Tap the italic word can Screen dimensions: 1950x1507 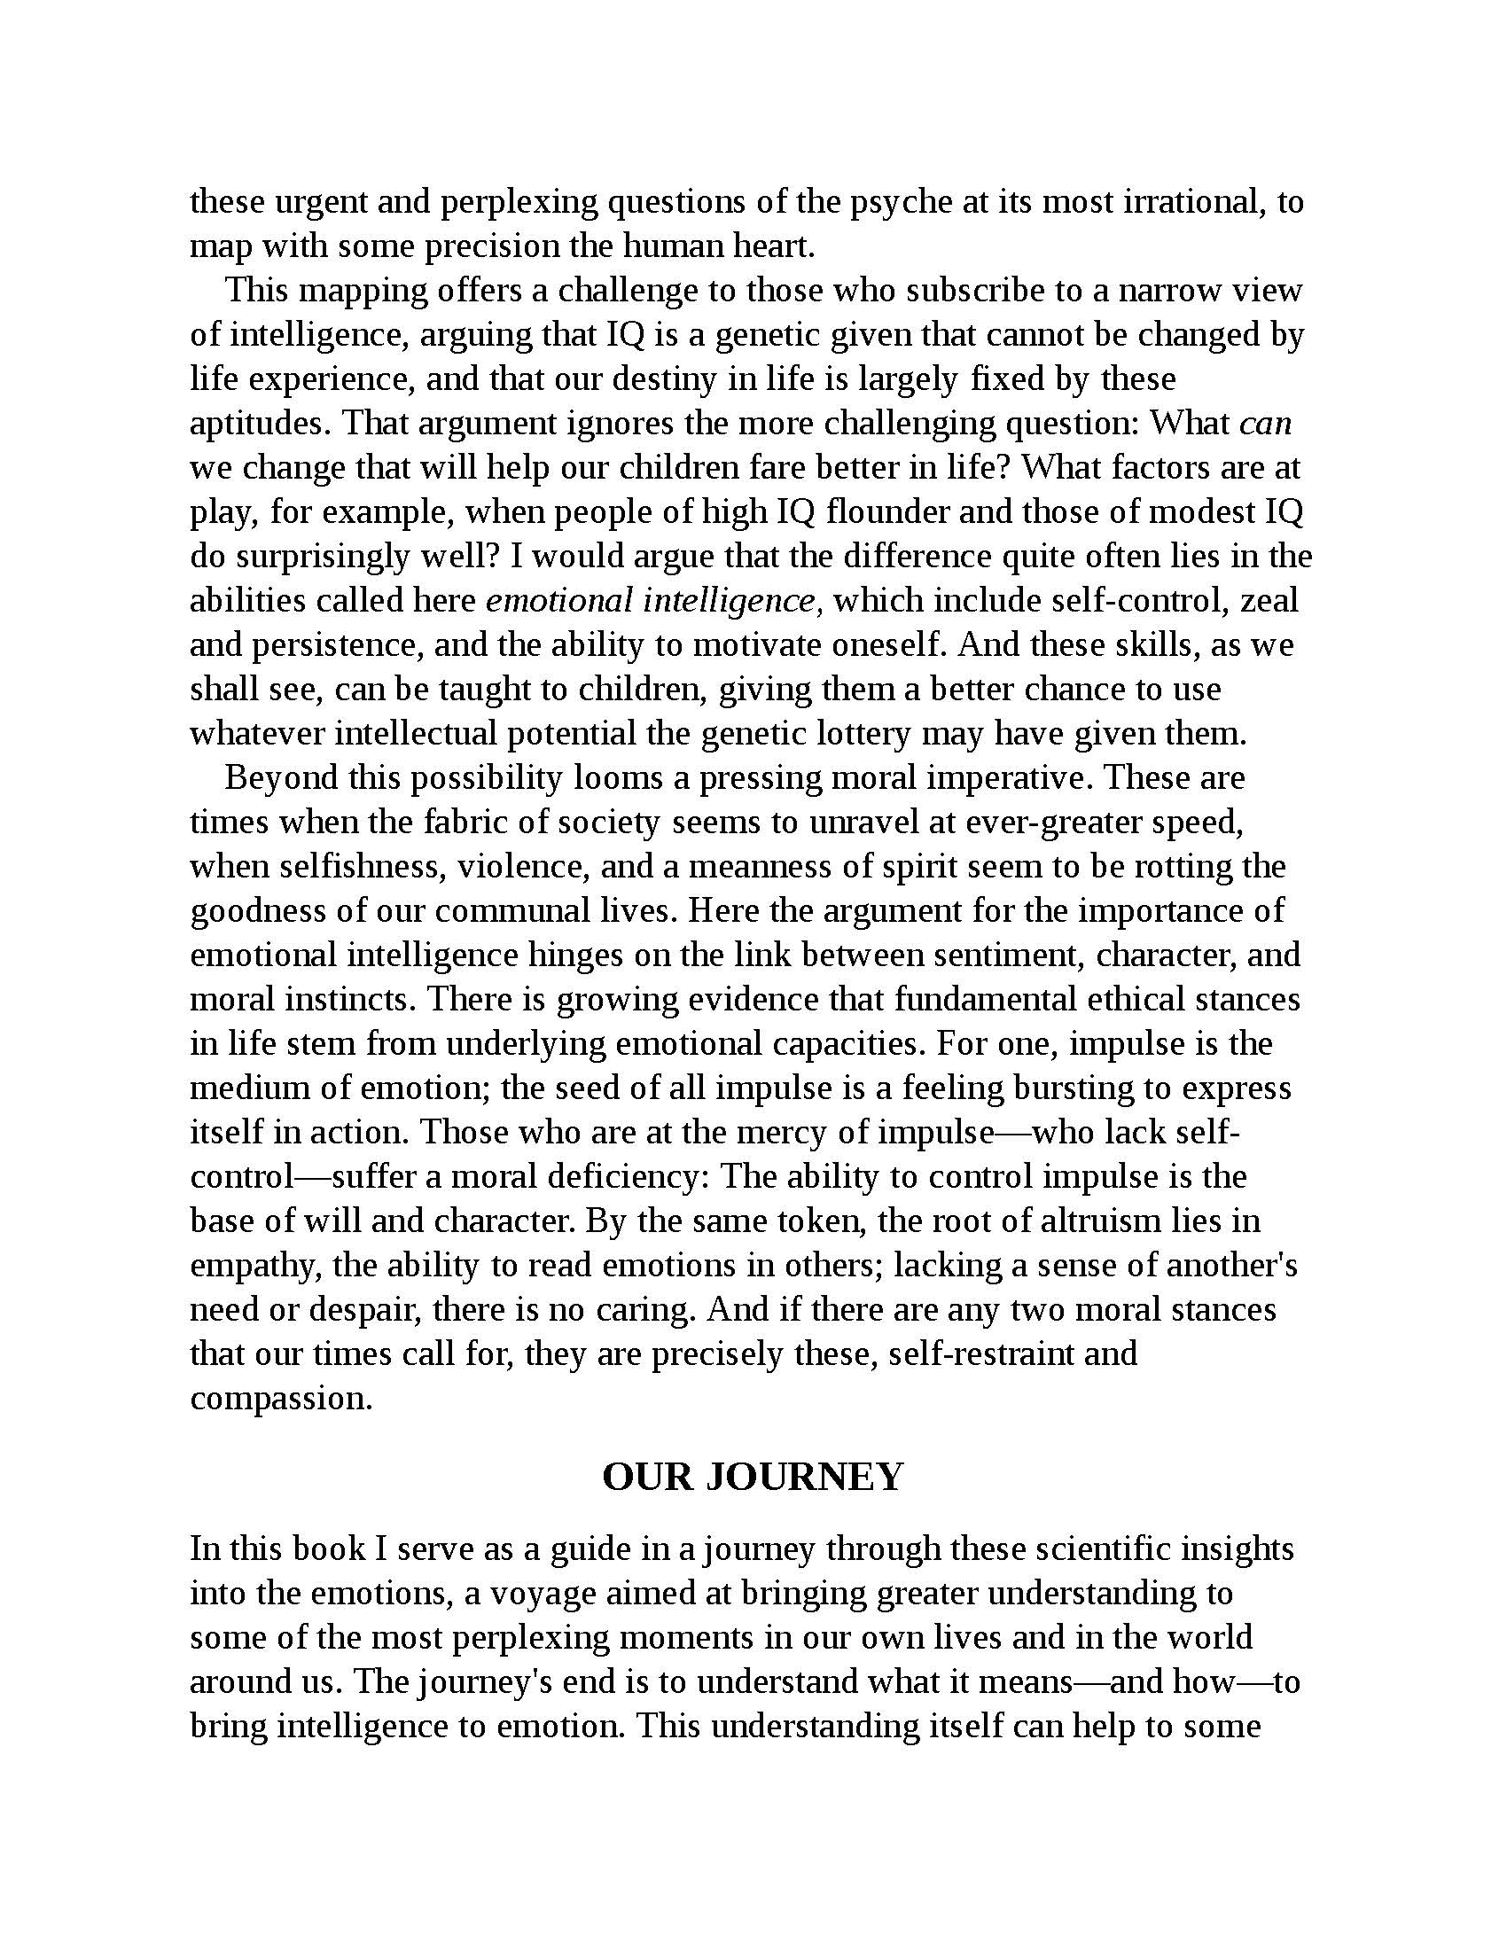(x=1266, y=422)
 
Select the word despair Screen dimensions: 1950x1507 (x=363, y=1310)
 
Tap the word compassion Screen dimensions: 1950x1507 (x=280, y=1398)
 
